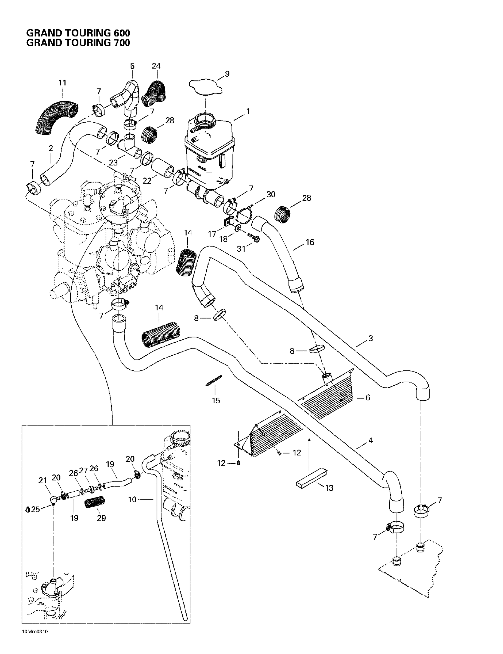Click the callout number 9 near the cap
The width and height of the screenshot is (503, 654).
(227, 74)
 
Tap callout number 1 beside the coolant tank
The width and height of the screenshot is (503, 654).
(248, 111)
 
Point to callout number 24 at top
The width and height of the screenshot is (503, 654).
(156, 66)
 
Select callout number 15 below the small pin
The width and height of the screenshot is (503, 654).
(216, 401)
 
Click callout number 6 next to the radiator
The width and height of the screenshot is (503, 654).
(368, 397)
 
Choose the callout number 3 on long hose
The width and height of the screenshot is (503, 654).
(370, 338)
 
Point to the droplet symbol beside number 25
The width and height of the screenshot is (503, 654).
(28, 509)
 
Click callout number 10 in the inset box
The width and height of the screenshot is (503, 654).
(132, 499)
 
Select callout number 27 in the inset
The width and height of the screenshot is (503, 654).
(83, 470)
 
